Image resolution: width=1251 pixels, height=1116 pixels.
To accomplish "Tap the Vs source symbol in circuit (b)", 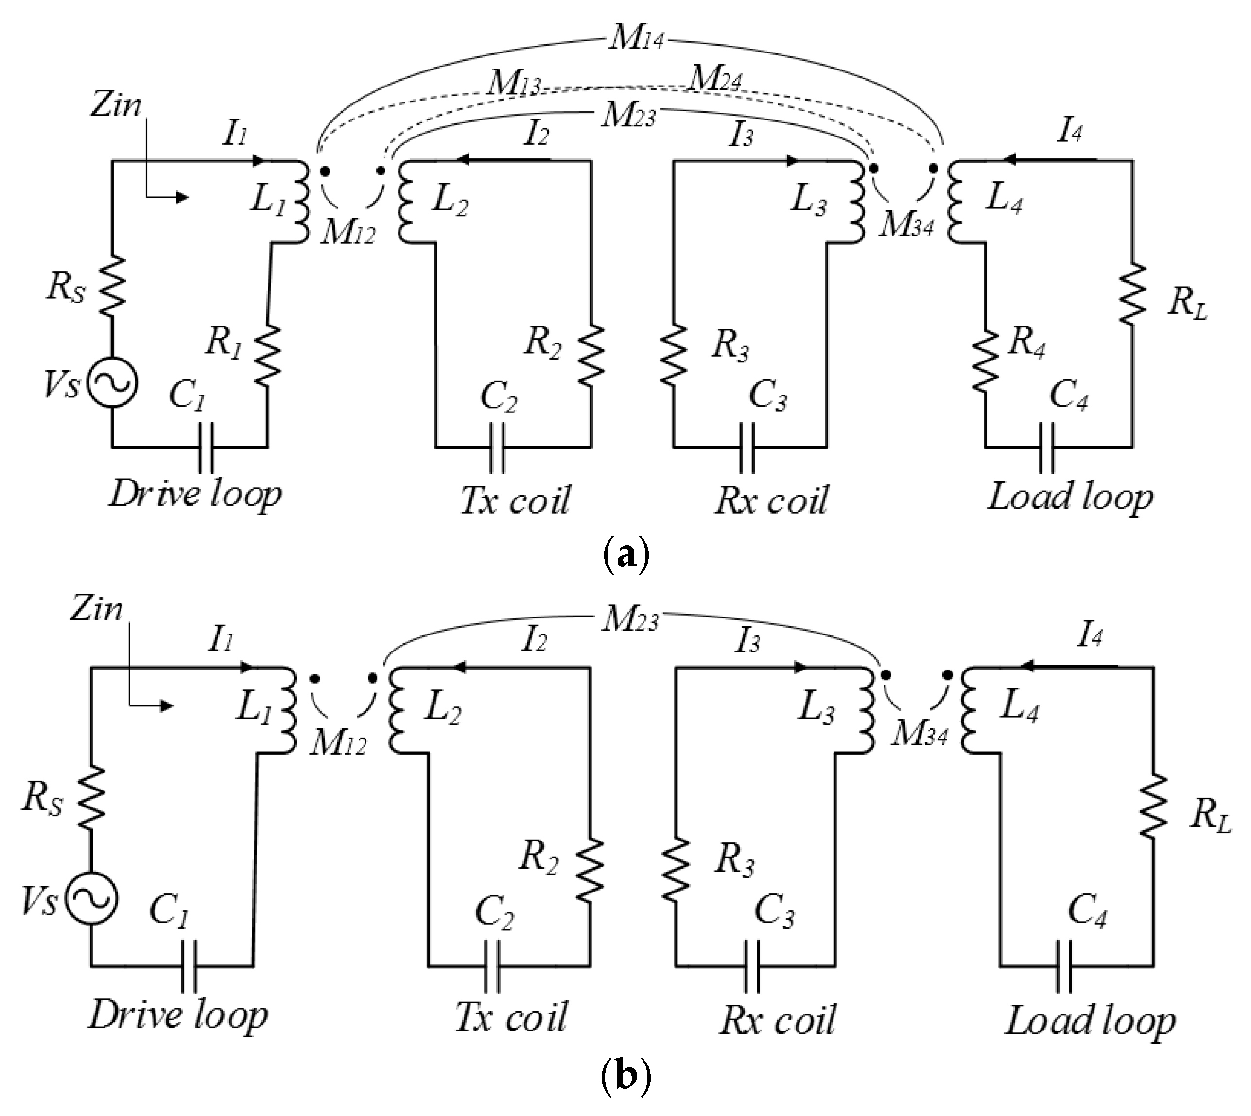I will point(91,898).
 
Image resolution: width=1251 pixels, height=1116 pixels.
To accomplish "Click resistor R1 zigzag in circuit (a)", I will point(268,356).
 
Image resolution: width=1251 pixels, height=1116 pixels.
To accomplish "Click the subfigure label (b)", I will point(625,1079).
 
